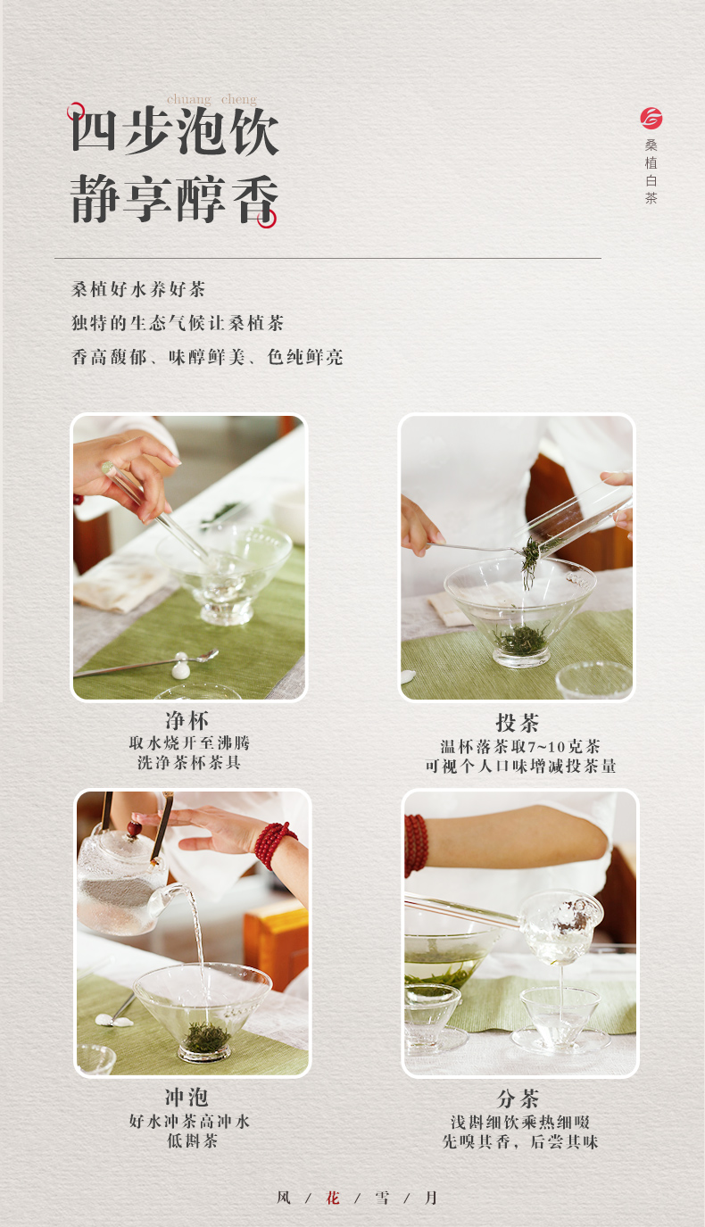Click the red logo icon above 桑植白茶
tap(651, 118)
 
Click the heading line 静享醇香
tap(175, 198)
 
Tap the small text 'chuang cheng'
tap(211, 99)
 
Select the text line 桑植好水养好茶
tap(138, 290)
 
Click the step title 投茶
tap(518, 723)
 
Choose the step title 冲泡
tap(187, 1097)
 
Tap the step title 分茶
tap(518, 1098)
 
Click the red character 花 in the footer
tap(333, 1198)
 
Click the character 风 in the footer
tap(284, 1198)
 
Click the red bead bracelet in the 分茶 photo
tap(416, 844)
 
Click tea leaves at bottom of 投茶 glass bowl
tap(521, 640)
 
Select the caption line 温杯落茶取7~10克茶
tap(520, 746)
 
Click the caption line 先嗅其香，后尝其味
tap(520, 1141)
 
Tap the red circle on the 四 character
tap(76, 112)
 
